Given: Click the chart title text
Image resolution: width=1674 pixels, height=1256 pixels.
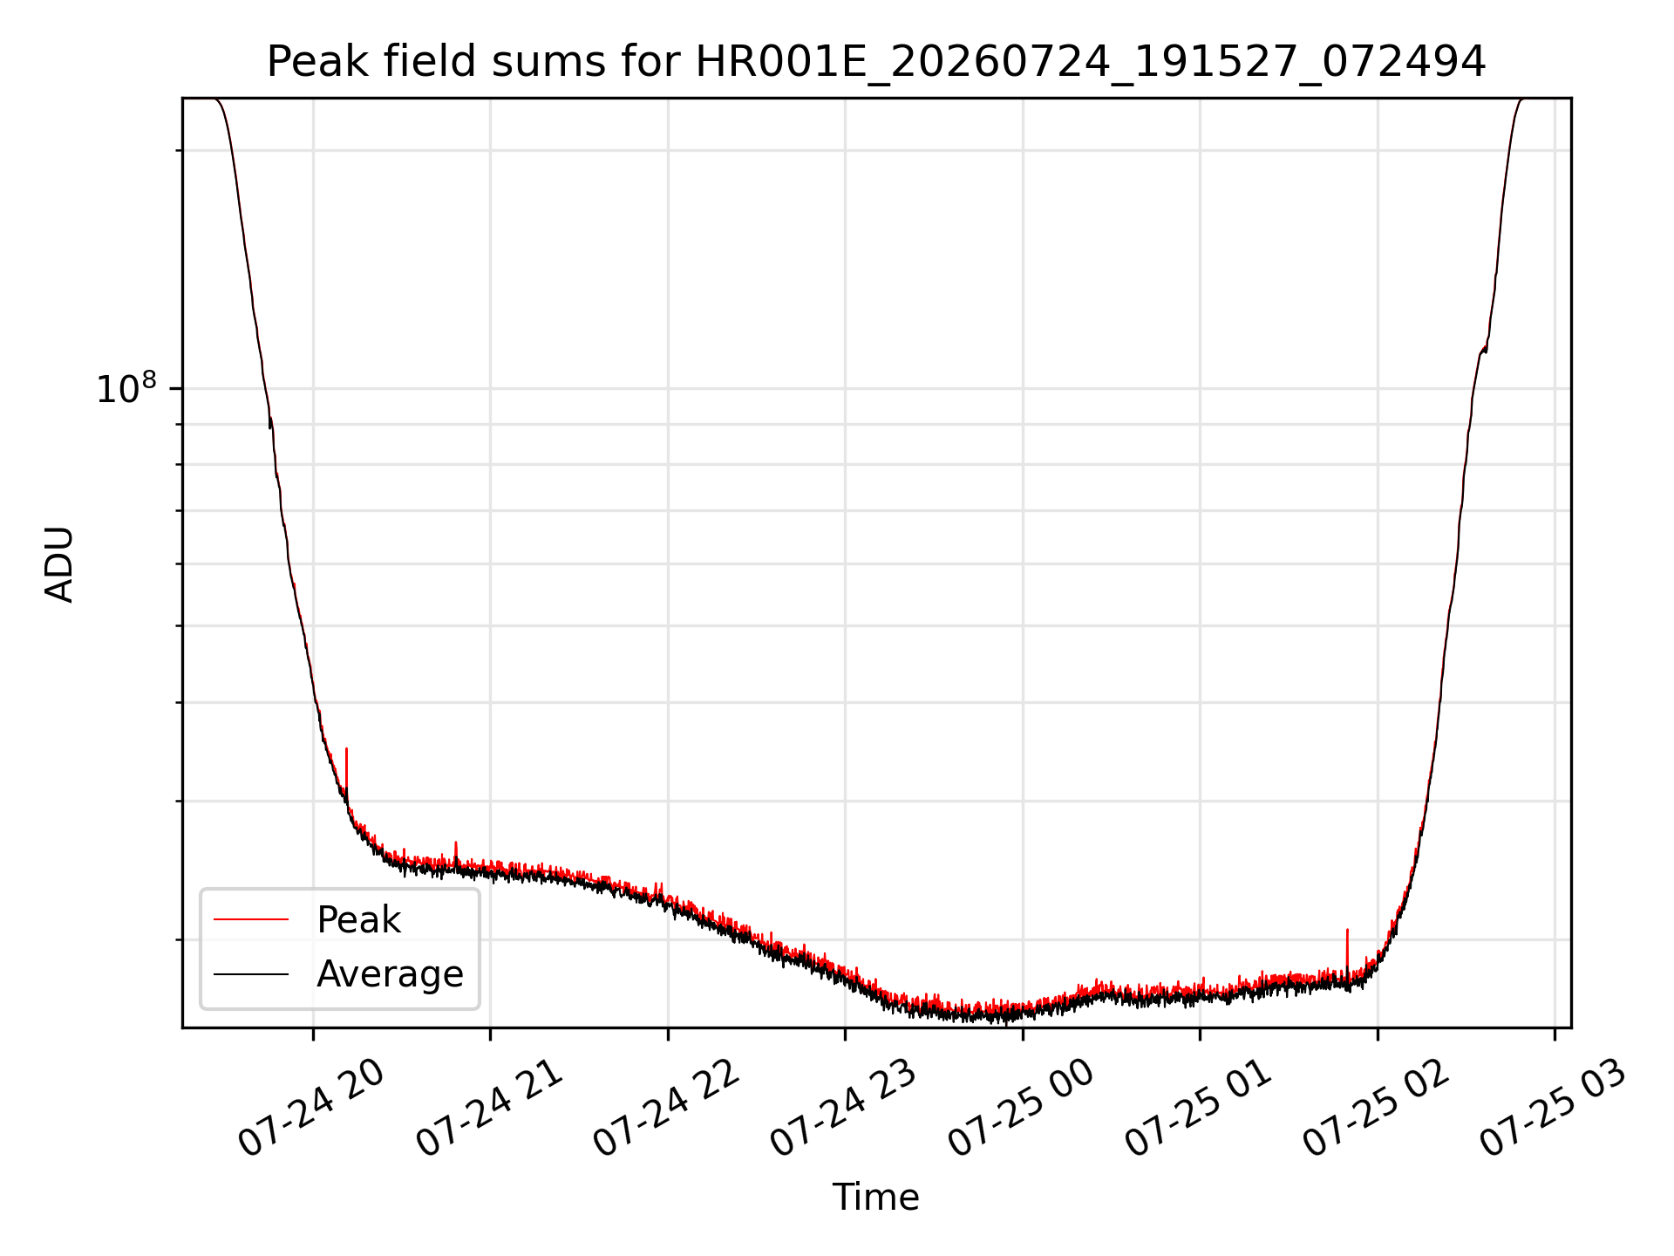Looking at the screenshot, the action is point(875,63).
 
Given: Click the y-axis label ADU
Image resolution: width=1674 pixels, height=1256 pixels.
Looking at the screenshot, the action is point(59,563).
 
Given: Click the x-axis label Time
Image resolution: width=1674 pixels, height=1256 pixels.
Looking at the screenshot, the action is point(875,1198).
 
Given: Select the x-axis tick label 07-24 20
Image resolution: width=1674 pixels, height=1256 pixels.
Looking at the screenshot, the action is point(311,1109).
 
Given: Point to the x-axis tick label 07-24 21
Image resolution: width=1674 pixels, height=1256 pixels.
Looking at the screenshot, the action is point(489,1109).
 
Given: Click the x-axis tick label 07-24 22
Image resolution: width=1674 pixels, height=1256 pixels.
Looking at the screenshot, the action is point(667,1109).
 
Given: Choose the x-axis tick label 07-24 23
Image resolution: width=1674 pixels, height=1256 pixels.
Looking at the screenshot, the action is point(844,1109).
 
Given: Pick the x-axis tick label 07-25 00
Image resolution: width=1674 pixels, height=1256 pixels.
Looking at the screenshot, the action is point(1022,1109).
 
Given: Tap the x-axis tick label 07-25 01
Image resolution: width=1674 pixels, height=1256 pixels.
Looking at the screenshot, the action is point(1199,1109).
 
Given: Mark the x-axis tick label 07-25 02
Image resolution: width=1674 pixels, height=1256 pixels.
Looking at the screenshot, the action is point(1377,1109).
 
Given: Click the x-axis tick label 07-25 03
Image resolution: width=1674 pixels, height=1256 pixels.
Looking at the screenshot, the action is point(1554,1109).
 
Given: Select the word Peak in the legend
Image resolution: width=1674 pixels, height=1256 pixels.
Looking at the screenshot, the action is point(358,920).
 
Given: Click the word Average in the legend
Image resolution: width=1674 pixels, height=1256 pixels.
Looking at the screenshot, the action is point(390,974).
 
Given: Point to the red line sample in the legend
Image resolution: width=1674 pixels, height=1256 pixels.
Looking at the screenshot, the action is point(251,919).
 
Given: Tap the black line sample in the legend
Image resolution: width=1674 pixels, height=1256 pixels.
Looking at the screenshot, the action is point(251,974).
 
